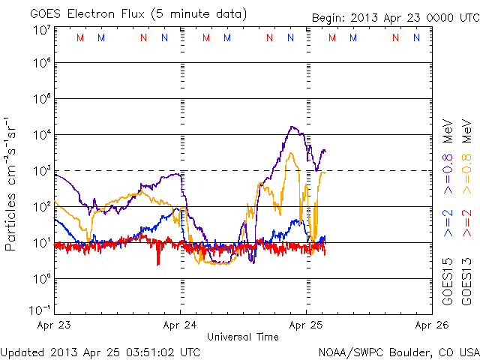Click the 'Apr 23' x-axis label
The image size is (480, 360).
click(54, 325)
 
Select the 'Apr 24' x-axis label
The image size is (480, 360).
click(180, 325)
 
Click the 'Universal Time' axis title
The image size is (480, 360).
click(243, 337)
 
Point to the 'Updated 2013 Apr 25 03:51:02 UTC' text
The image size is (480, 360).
click(100, 351)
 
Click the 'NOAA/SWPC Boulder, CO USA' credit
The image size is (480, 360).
click(398, 351)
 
